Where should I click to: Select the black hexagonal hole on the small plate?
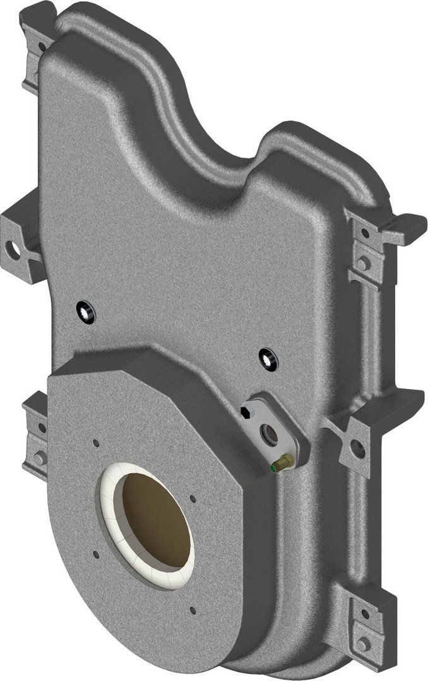(x=246, y=412)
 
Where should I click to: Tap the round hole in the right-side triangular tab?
(x=357, y=448)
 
